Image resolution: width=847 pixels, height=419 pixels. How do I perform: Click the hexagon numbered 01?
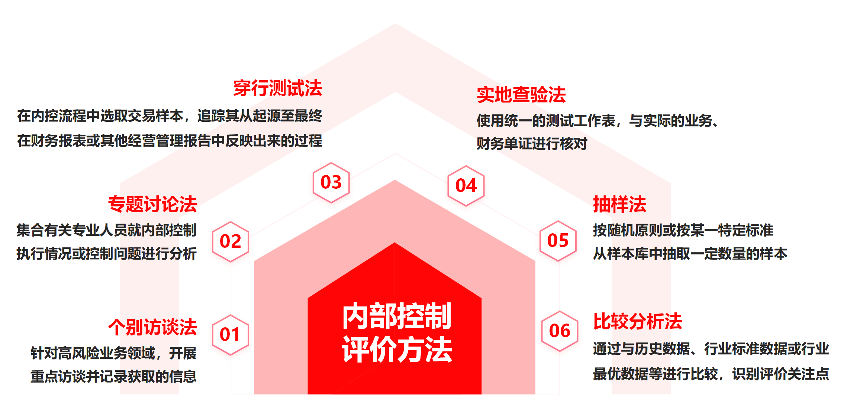(230, 335)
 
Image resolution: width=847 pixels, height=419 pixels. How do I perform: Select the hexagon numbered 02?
(230, 241)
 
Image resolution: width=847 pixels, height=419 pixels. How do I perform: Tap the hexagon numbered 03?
(331, 182)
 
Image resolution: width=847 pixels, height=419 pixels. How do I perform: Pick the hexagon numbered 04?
(466, 186)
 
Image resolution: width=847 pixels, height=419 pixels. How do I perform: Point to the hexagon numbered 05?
(558, 241)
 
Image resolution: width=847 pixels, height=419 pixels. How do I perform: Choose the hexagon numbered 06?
(560, 331)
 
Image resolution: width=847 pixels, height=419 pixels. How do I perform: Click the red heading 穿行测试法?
(277, 88)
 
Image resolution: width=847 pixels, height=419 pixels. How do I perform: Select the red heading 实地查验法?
(521, 95)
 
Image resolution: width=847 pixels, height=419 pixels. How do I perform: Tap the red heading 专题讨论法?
(152, 204)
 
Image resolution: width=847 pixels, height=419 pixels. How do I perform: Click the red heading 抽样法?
(619, 204)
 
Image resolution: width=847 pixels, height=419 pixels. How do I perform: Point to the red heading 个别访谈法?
(152, 327)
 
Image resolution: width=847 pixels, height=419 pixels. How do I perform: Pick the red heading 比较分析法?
(637, 321)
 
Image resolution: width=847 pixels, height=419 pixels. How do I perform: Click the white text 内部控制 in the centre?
(397, 316)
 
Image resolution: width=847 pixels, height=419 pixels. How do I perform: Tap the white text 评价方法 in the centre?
(397, 349)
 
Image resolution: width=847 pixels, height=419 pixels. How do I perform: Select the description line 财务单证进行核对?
(532, 143)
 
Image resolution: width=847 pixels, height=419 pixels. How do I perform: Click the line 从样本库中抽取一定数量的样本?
(690, 254)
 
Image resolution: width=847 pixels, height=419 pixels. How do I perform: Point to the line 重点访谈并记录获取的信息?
(113, 376)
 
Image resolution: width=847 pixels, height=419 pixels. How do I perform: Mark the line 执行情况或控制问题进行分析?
(106, 254)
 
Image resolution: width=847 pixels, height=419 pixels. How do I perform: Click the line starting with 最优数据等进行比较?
(711, 374)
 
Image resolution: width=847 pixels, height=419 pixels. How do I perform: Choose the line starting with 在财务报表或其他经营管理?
(170, 141)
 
